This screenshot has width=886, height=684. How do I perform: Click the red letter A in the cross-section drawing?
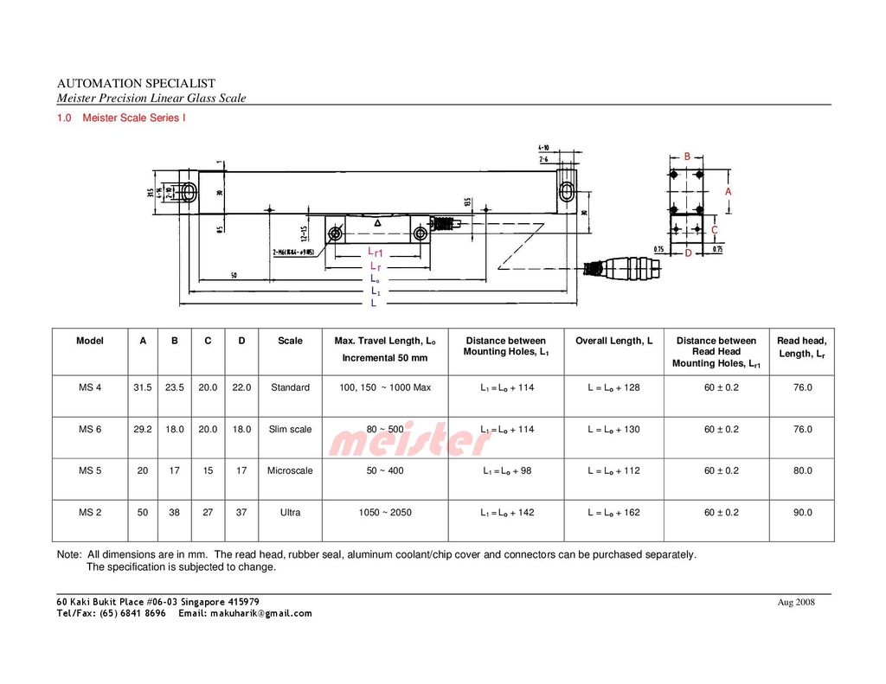point(728,191)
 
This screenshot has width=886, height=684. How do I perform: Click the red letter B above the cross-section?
point(687,157)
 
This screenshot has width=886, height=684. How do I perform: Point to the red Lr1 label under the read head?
point(375,253)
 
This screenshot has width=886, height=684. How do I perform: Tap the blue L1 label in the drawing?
point(376,291)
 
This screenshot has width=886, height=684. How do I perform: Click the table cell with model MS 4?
point(90,387)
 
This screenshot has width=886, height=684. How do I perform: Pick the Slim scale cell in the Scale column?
point(290,429)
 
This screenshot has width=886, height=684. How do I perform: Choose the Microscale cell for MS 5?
point(290,470)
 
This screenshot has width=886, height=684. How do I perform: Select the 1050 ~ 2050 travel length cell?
point(385,512)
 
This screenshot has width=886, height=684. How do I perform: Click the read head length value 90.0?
point(802,512)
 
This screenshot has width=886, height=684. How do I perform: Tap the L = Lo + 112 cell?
point(613,470)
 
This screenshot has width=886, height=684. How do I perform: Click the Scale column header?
point(290,341)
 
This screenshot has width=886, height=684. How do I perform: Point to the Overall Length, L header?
point(613,341)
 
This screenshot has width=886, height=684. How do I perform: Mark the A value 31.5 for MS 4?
point(142,387)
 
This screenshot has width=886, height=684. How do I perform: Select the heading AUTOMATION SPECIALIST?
point(136,83)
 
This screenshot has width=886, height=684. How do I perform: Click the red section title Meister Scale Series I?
point(133,118)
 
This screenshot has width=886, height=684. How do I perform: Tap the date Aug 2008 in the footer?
point(796,603)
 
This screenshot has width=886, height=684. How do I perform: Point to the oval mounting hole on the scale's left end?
point(189,192)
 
